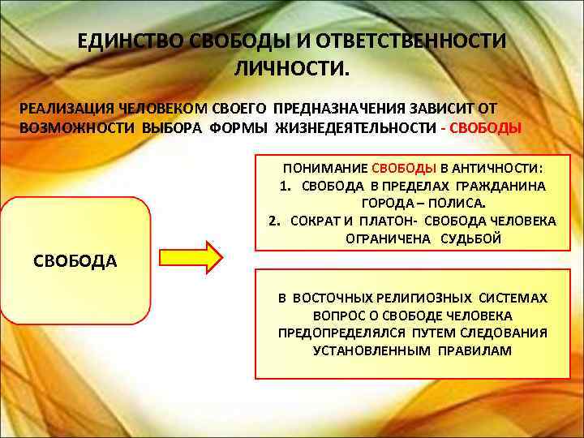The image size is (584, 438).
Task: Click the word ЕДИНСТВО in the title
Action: (129, 41)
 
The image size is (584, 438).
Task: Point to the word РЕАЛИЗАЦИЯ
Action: (67, 108)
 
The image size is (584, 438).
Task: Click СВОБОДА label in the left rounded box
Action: (75, 260)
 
